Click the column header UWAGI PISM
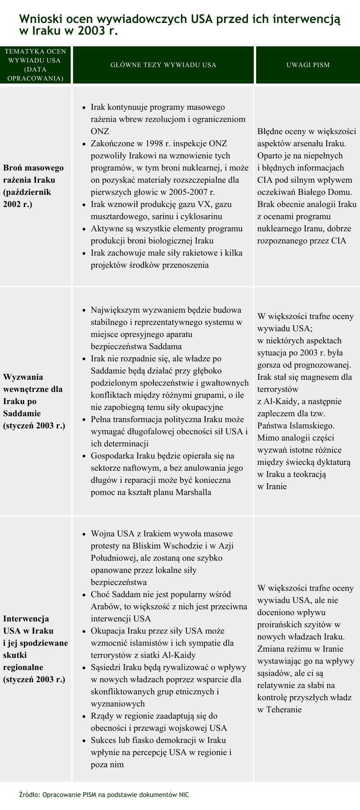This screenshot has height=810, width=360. pyautogui.click(x=308, y=65)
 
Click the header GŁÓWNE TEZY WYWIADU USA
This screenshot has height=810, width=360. pyautogui.click(x=163, y=65)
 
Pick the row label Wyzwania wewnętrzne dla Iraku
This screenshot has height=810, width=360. pyautogui.click(x=33, y=389)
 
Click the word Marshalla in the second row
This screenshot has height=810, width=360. pyautogui.click(x=189, y=492)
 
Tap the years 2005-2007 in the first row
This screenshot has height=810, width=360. pyautogui.click(x=179, y=192)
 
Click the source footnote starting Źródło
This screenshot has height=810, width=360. pyautogui.click(x=104, y=795)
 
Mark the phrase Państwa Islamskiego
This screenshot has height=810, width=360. pyautogui.click(x=296, y=425)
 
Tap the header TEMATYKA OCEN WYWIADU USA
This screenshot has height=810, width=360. pyautogui.click(x=35, y=65)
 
